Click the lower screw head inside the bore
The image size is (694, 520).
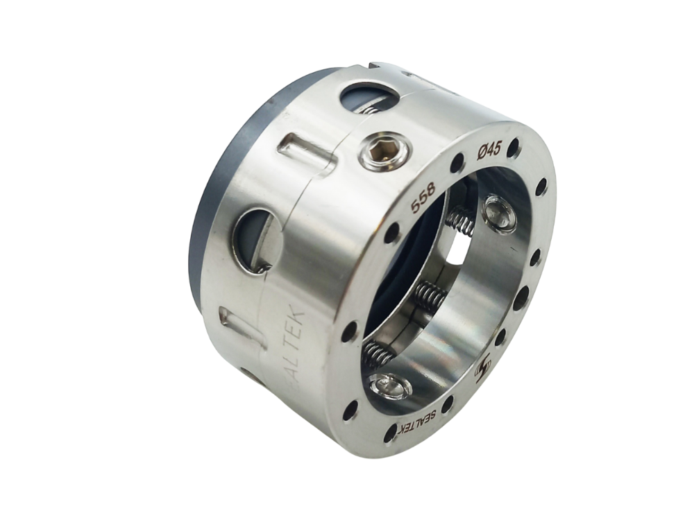coord(390,385)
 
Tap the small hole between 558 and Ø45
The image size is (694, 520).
coord(457,164)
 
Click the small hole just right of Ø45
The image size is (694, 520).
coord(513,147)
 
